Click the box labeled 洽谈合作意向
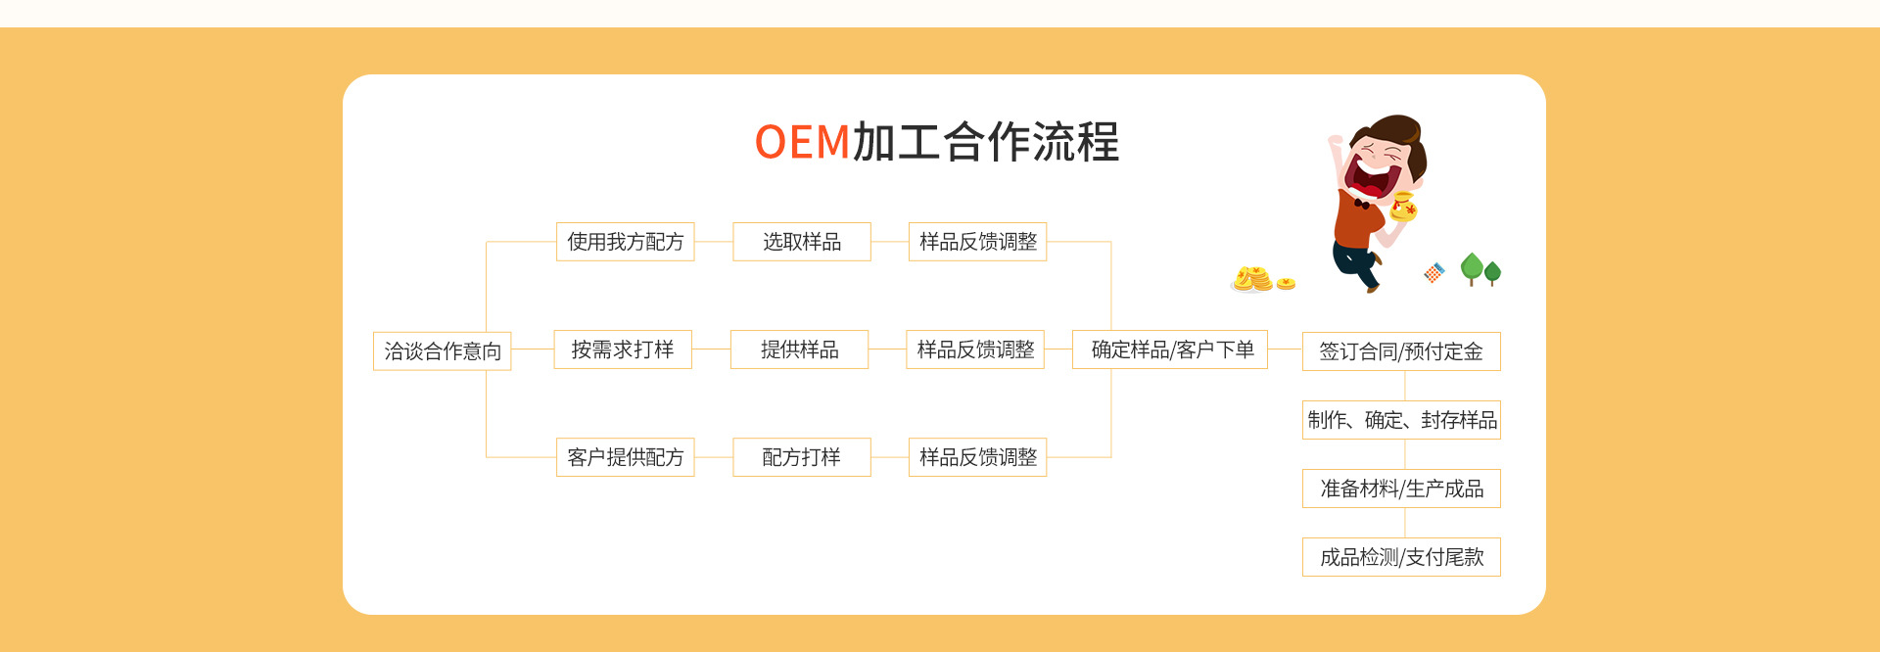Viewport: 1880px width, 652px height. tap(443, 350)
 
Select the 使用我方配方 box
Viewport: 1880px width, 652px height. tap(625, 242)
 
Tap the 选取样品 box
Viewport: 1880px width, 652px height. tap(802, 242)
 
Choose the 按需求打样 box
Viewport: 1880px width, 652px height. tap(623, 349)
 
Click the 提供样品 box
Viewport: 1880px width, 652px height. tap(799, 349)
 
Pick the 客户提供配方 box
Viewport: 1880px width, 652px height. tap(625, 457)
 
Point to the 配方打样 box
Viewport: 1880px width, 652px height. tap(802, 457)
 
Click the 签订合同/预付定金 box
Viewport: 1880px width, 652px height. tap(1401, 351)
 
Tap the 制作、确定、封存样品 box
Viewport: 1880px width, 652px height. tap(1401, 420)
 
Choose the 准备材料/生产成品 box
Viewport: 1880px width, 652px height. tap(1401, 489)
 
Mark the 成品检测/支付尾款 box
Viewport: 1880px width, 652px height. tap(1401, 557)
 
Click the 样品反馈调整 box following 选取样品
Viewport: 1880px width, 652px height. tap(978, 242)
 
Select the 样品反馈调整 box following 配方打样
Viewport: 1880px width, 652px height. tap(978, 457)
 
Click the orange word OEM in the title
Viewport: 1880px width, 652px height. tap(802, 142)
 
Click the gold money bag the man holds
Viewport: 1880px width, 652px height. tap(1403, 207)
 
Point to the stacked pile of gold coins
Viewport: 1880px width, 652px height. tap(1252, 279)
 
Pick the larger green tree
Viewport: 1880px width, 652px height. tap(1471, 268)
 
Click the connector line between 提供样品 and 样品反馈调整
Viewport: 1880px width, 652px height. tap(887, 349)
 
